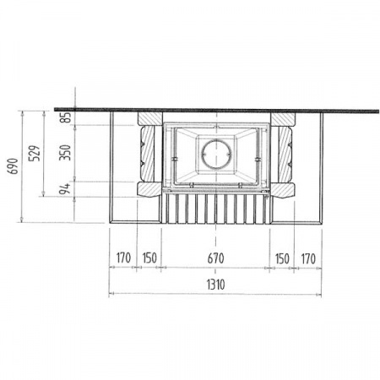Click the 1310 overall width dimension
coord(216,285)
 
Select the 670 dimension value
coord(216,258)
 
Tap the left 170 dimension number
coord(123,258)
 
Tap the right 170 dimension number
coord(308,258)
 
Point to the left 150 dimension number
coord(149,258)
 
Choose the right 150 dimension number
coord(282,258)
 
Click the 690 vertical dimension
coord(14,166)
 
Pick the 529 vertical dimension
coord(35,153)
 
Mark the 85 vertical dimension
coord(67,118)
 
